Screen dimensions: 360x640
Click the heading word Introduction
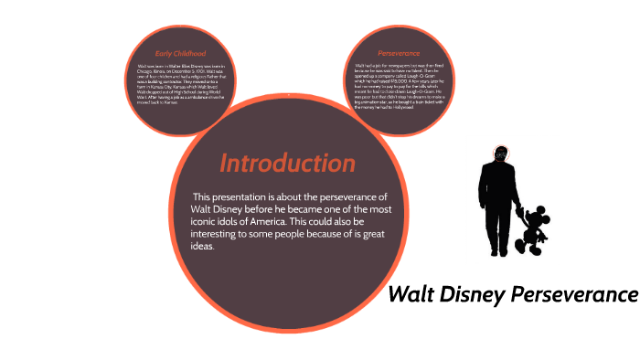pos(287,164)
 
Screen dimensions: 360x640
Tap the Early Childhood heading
pos(180,53)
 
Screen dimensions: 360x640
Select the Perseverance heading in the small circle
pos(398,53)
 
